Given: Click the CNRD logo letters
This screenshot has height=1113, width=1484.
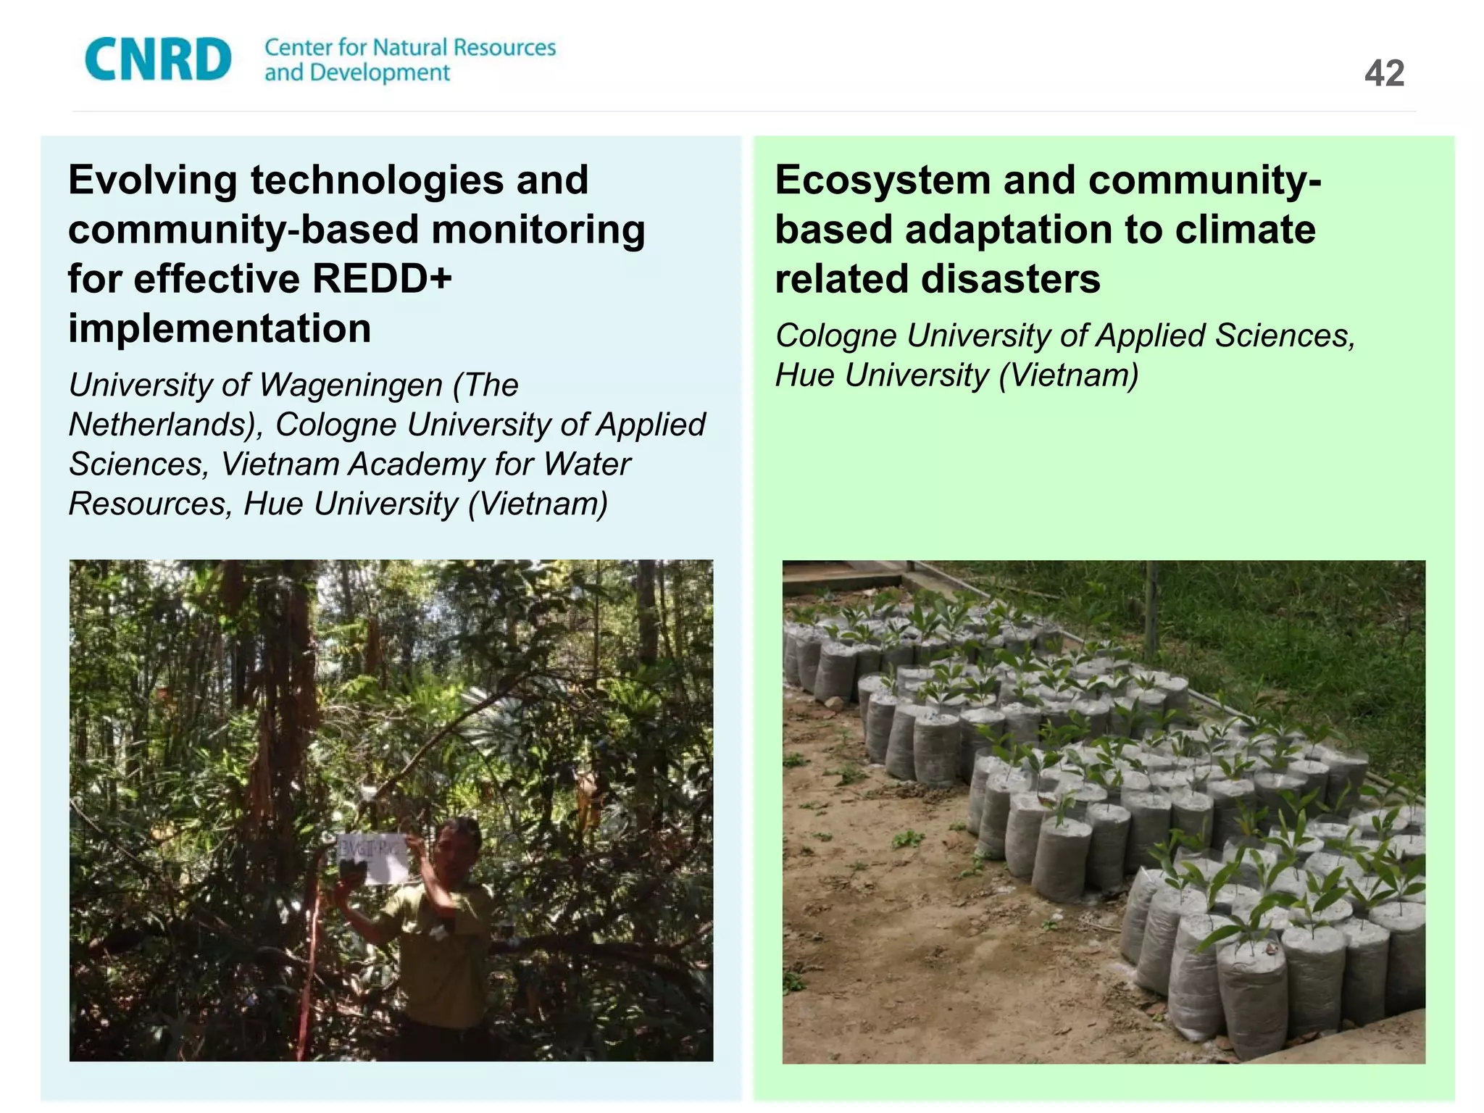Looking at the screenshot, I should coord(158,59).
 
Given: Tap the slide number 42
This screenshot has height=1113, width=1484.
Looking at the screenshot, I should coord(1384,73).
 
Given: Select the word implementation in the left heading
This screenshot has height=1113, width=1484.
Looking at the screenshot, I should coord(220,328).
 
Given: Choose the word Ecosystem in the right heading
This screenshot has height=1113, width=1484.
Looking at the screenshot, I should coord(883,180).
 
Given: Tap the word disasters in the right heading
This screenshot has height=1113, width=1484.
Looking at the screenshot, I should coord(1010,279).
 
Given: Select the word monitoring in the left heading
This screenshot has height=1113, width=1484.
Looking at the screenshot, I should coord(538,230).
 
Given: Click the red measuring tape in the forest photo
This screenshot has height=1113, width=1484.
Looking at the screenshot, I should coord(308,971).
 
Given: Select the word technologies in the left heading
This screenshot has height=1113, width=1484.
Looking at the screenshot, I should coord(377,180).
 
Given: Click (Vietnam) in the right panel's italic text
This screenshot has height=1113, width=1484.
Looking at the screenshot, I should coord(1068,375).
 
